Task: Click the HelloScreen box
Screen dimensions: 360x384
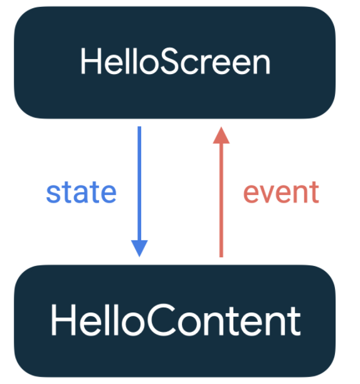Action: pos(175,63)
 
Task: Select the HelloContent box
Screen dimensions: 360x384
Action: pos(175,321)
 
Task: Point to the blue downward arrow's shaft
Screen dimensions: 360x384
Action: pos(139,183)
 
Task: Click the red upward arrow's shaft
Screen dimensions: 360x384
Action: pos(221,200)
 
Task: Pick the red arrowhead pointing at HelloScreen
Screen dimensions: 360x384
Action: pos(221,135)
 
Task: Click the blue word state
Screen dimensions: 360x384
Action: pos(82,193)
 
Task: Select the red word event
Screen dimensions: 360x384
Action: pos(281,193)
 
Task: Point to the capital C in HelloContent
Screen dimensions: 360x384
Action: pos(162,320)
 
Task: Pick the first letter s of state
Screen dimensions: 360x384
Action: pos(53,195)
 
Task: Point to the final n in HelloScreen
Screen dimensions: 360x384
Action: pos(262,64)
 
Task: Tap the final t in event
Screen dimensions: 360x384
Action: pos(314,193)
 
